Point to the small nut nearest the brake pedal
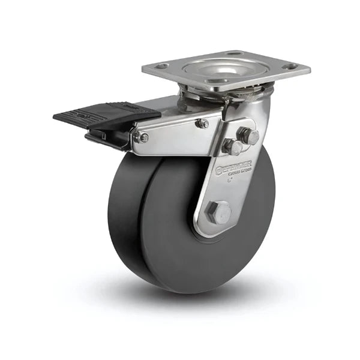144,137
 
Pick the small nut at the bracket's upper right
203,124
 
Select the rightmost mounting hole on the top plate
292,67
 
